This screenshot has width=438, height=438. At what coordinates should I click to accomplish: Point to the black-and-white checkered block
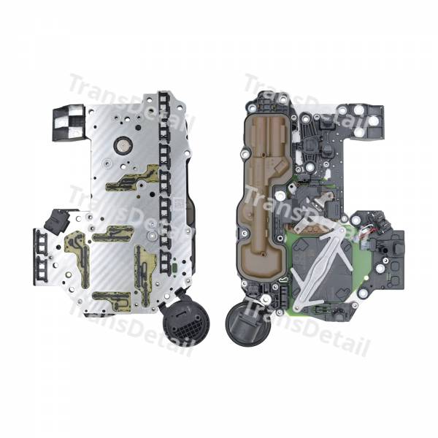[x=68, y=123]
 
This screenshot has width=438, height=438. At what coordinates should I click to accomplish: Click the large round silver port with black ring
[x=123, y=146]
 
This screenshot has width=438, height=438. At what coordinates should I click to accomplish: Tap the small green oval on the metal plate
[x=174, y=268]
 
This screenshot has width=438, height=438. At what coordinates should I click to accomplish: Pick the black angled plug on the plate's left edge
[x=56, y=222]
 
